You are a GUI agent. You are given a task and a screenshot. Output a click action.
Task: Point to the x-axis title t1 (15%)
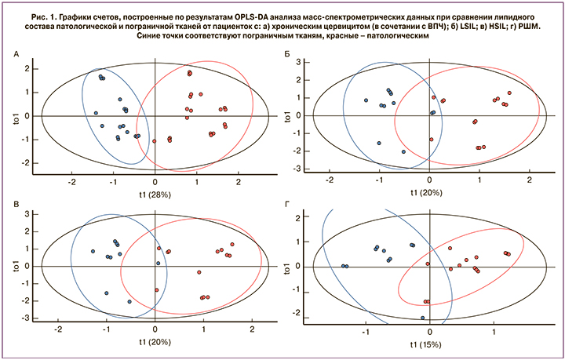[429, 344]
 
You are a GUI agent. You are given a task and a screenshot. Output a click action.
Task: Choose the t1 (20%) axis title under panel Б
[429, 195]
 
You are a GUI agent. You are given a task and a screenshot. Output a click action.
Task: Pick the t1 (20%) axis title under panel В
[155, 344]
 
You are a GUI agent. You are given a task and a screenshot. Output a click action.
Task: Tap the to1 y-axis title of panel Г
[290, 267]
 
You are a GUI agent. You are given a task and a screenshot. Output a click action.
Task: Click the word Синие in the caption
[152, 36]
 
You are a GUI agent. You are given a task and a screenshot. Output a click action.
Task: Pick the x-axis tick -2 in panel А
[72, 181]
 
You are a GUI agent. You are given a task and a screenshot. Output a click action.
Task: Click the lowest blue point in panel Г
[423, 318]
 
